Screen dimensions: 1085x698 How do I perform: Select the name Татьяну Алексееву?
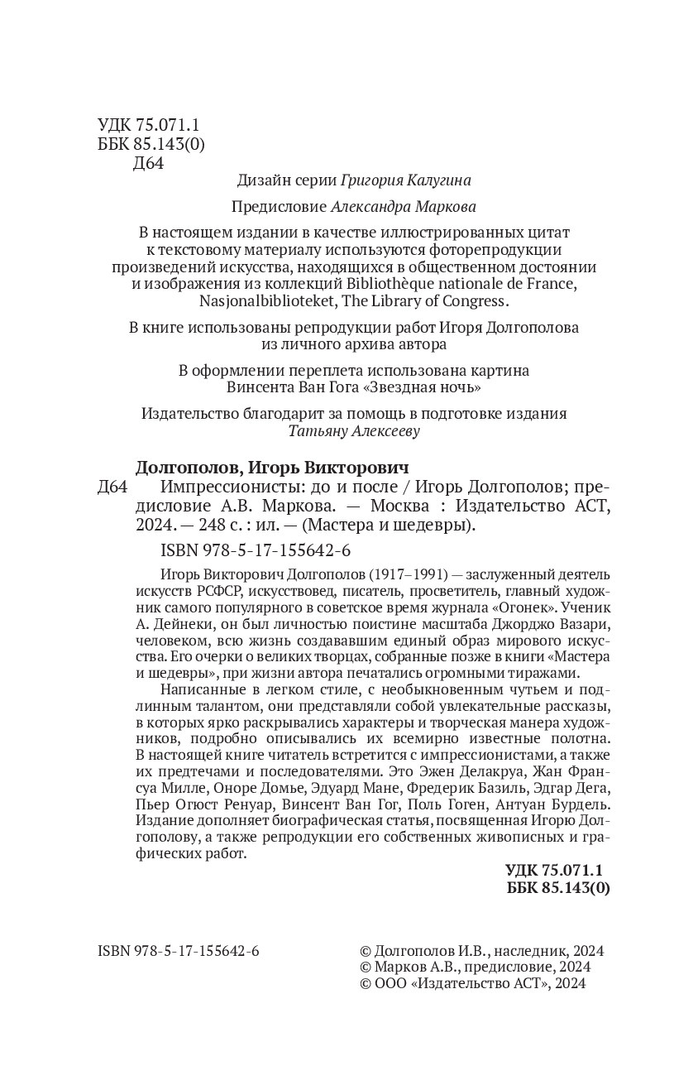tap(354, 430)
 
